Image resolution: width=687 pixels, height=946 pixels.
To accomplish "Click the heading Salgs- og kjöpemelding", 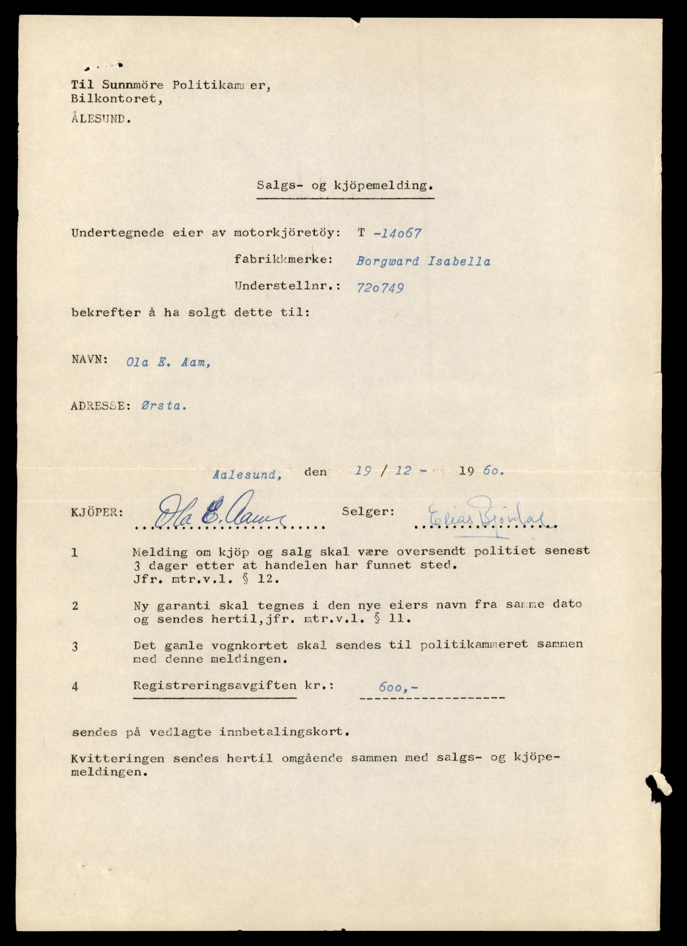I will [x=346, y=186].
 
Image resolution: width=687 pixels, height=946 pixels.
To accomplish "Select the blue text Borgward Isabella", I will [x=423, y=261].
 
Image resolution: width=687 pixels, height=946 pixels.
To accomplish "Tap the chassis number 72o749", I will [x=380, y=288].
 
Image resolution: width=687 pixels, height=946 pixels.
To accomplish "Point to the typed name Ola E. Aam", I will [x=169, y=363].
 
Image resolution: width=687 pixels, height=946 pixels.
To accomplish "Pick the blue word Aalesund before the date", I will [x=248, y=473].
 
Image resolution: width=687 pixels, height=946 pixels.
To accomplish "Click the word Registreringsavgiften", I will [x=215, y=686].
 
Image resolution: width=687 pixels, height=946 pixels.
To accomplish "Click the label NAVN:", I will [x=90, y=360].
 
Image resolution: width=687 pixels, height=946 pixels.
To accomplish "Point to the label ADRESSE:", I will [x=97, y=406].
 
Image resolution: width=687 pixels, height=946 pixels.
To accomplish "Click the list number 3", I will [x=75, y=647].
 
